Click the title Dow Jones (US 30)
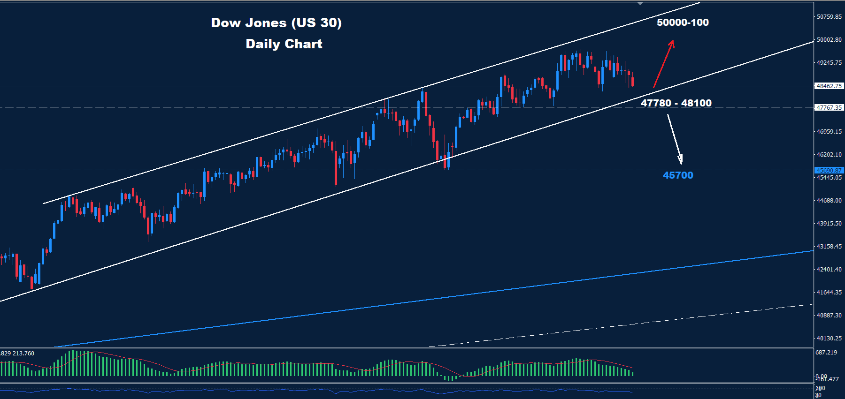276,23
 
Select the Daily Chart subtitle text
284,44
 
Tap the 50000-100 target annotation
683,23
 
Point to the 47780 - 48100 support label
676,103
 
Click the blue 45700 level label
678,175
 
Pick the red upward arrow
664,64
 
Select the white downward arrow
675,139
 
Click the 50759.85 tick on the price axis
829,17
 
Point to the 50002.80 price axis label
829,40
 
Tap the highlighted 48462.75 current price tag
829,86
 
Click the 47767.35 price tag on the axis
829,108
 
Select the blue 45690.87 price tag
829,171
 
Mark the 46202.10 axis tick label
829,155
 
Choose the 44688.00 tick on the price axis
829,201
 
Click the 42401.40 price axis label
829,270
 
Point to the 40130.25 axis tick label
829,339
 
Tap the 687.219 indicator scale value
826,353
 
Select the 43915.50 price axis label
829,224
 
